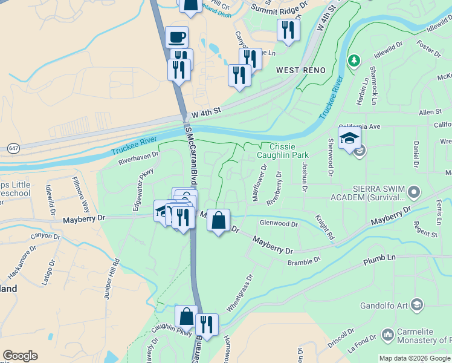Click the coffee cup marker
(176, 38)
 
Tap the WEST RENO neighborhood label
(301, 70)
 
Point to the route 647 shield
(13, 148)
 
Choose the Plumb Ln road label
(379, 260)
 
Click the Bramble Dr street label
(304, 261)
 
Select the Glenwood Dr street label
(279, 224)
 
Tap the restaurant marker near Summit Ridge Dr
(288, 30)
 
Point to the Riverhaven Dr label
(138, 158)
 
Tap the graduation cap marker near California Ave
(349, 138)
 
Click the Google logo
(20, 356)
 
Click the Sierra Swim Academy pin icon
(414, 192)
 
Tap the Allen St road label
(430, 112)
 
